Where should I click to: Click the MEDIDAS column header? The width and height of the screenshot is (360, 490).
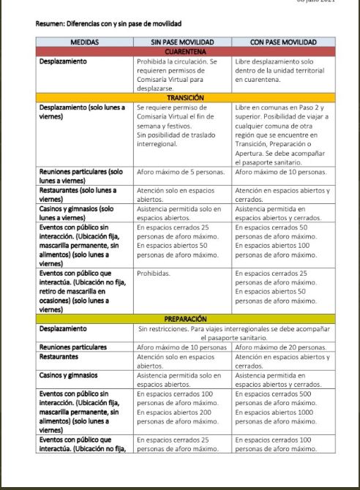[85, 42]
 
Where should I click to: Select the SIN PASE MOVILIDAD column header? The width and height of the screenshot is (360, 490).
[183, 42]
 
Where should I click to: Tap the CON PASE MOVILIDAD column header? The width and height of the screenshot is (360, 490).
[283, 42]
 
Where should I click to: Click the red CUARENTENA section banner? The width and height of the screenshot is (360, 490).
[185, 52]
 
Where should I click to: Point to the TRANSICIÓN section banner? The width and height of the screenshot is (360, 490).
[185, 97]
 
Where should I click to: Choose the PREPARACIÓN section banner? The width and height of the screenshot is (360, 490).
[185, 319]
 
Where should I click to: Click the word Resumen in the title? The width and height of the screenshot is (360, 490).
[50, 23]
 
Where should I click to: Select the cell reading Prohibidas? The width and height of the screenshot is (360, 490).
[154, 273]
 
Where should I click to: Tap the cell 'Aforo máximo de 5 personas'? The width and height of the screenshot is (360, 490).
[179, 172]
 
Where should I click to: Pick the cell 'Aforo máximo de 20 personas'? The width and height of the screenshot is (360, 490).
[281, 347]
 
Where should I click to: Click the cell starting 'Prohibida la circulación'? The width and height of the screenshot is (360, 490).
[179, 75]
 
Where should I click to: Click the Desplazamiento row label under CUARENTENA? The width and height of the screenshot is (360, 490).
[63, 61]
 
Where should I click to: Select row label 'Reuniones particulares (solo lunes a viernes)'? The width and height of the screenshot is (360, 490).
[81, 176]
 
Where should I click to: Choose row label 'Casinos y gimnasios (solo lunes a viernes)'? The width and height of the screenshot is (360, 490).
[76, 213]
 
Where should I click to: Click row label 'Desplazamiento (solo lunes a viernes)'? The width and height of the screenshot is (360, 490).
[82, 111]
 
